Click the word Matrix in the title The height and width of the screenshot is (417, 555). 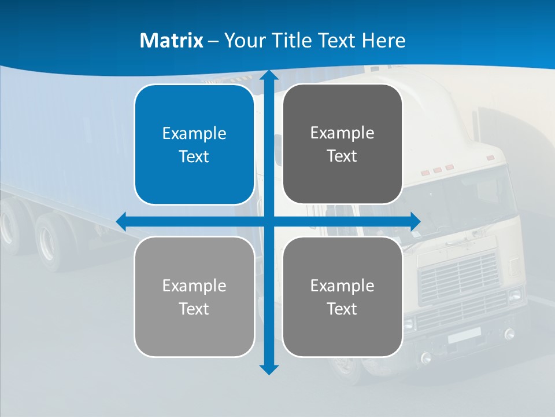click(x=171, y=41)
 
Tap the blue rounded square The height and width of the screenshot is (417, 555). click(x=194, y=145)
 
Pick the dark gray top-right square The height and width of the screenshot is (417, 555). click(x=342, y=144)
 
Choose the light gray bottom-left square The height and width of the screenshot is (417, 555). click(x=194, y=297)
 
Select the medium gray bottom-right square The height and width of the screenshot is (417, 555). click(x=342, y=297)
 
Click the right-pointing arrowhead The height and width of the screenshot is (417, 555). click(x=416, y=221)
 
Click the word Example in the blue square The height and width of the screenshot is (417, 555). click(x=194, y=134)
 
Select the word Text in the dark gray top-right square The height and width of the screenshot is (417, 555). click(x=342, y=156)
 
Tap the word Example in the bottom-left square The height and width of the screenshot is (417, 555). click(x=194, y=286)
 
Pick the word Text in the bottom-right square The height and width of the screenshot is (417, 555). click(x=342, y=309)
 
